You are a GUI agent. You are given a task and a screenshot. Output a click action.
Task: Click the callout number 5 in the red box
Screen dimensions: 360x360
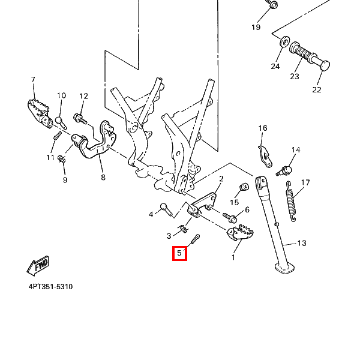[179, 253]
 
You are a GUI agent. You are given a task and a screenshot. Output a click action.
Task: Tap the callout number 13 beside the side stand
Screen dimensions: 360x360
[302, 243]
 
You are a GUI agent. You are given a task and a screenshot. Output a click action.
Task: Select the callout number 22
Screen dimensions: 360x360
[317, 89]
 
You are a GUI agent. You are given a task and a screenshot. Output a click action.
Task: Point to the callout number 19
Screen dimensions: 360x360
[256, 28]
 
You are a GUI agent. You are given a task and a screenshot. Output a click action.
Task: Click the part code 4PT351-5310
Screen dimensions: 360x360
[50, 287]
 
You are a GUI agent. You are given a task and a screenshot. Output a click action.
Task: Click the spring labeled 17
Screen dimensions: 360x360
[292, 203]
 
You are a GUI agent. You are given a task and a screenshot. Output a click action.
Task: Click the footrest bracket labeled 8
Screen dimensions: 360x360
[95, 144]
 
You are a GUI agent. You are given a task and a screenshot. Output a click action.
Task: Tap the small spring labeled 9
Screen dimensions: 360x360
[61, 158]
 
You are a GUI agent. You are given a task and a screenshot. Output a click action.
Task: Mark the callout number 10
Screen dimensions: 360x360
[61, 95]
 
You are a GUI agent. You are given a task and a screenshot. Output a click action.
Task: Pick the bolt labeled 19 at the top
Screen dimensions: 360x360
[271, 5]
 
